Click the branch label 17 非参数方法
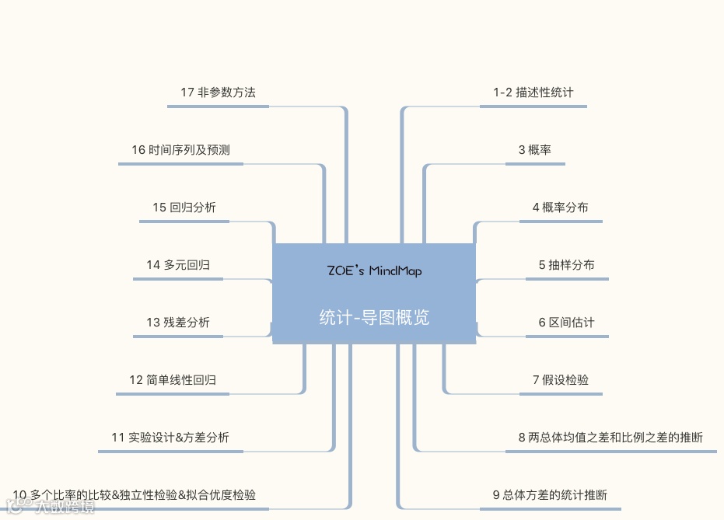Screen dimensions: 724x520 [x=218, y=92]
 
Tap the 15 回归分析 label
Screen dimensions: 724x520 [x=184, y=208]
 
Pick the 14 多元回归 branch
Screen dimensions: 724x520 [x=178, y=265]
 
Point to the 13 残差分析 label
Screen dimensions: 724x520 [x=177, y=323]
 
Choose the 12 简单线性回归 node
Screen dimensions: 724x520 [x=173, y=380]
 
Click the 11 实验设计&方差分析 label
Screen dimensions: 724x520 [x=170, y=438]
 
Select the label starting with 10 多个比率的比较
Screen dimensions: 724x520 [x=135, y=495]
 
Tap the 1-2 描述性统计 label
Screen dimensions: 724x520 [x=533, y=92]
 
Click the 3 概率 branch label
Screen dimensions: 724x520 [x=535, y=150]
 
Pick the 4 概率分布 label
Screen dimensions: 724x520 [x=560, y=208]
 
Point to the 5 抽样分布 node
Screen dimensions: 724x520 [x=566, y=265]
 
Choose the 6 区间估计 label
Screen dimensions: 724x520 [x=566, y=323]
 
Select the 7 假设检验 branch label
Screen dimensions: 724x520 [x=561, y=380]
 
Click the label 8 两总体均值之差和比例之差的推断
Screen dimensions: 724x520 [x=610, y=438]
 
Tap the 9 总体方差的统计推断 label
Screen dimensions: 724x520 [x=550, y=495]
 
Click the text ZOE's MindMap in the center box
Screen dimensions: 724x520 [x=374, y=271]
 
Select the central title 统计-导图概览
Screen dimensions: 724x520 [x=374, y=317]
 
